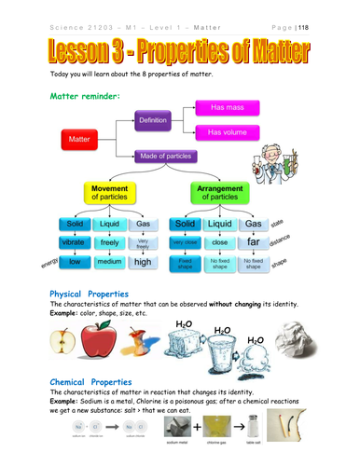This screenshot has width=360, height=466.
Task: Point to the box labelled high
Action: pyautogui.click(x=143, y=262)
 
